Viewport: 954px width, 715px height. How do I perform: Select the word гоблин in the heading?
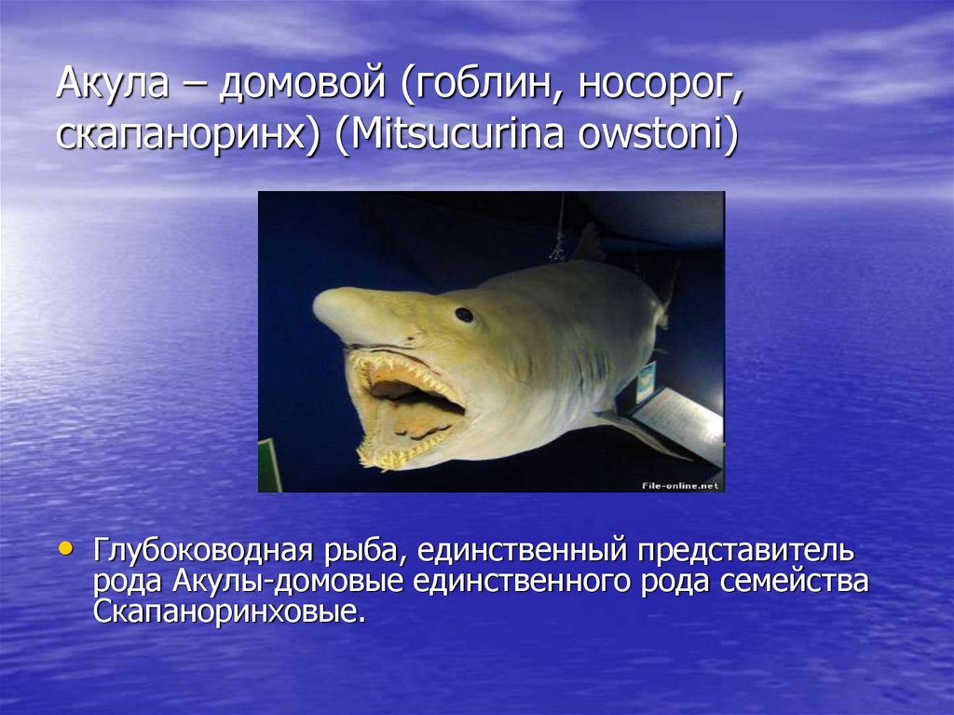coord(480,83)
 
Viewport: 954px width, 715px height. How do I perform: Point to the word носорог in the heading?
coord(661,85)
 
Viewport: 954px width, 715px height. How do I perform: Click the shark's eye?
coord(464,314)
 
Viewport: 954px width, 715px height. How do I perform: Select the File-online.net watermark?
coord(679,486)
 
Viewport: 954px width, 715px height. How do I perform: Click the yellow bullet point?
coord(65,549)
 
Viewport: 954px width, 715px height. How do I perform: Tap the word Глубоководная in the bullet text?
coord(202,551)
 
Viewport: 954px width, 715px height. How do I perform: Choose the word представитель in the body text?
coord(745,552)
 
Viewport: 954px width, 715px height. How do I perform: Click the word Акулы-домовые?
coord(287,582)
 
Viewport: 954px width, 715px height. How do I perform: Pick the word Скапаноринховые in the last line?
coord(229,612)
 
